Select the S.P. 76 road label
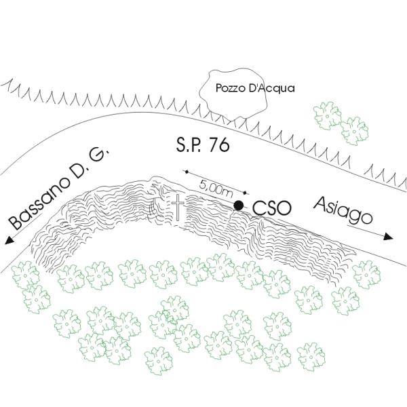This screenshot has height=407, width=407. click(202, 145)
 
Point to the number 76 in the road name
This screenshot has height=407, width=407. click(218, 145)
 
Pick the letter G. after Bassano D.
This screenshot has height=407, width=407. click(99, 155)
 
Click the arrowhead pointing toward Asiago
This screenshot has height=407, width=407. click(388, 237)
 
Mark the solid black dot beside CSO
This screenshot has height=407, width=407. click(238, 205)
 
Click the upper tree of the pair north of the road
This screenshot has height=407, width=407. click(328, 116)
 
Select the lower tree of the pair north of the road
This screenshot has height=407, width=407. click(354, 130)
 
